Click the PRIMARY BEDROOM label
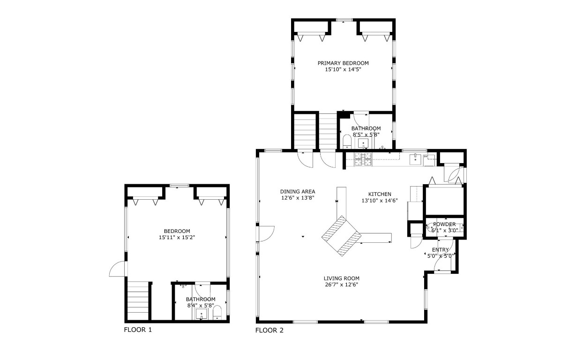pyautogui.click(x=343, y=63)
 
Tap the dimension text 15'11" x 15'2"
pyautogui.click(x=177, y=237)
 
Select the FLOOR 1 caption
pyautogui.click(x=138, y=330)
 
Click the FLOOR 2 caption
pyautogui.click(x=269, y=330)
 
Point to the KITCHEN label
pyautogui.click(x=379, y=194)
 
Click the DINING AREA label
pyautogui.click(x=298, y=191)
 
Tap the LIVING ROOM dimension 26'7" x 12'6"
pyautogui.click(x=341, y=285)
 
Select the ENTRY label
pyautogui.click(x=440, y=250)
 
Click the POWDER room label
pyautogui.click(x=444, y=225)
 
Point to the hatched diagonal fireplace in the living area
pyautogui.click(x=341, y=236)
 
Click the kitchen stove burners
pyautogui.click(x=363, y=159)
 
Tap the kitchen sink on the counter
pyautogui.click(x=415, y=160)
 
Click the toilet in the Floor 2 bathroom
pyautogui.click(x=347, y=141)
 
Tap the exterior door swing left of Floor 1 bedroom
pyautogui.click(x=117, y=269)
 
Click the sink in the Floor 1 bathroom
pyautogui.click(x=202, y=314)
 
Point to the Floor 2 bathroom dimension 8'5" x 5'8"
pyautogui.click(x=366, y=134)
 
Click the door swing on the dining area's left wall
pyautogui.click(x=266, y=233)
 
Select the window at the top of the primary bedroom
pyautogui.click(x=344, y=20)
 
